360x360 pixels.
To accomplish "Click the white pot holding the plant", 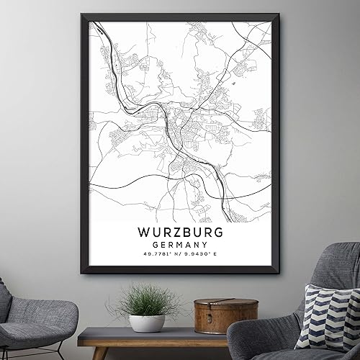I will coord(147,323).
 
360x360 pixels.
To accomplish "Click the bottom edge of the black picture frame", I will coord(180,271).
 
